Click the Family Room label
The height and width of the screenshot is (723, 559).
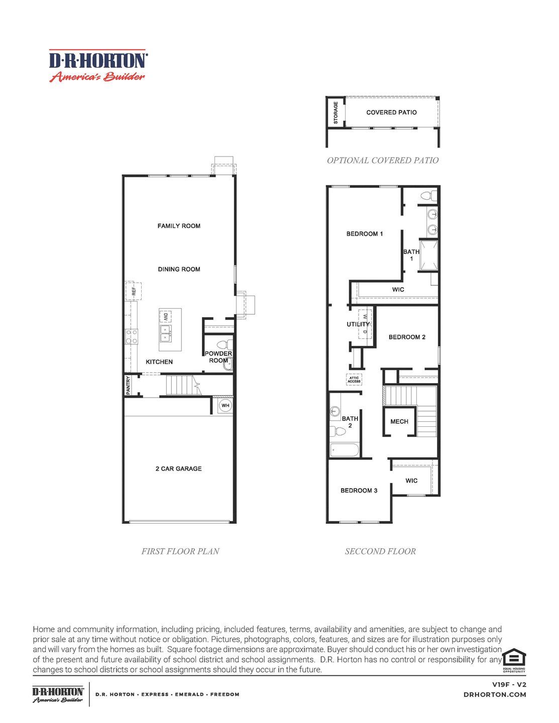point(179,226)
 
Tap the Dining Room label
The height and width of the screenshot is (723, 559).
point(179,269)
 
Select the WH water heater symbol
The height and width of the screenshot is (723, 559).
point(226,405)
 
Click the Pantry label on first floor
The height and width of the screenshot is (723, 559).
point(129,385)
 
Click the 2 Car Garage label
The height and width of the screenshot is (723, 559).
point(178,468)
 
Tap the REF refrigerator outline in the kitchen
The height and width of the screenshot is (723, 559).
point(134,291)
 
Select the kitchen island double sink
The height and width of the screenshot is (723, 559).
point(165,330)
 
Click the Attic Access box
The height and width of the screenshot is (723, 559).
point(354,380)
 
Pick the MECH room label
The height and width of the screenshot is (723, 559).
point(399,421)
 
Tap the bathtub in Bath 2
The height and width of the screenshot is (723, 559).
point(345,450)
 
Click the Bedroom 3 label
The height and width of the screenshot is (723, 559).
point(359,491)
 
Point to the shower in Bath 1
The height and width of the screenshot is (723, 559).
point(428,256)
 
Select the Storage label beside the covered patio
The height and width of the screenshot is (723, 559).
point(336,113)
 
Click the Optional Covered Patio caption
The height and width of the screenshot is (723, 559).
point(383,160)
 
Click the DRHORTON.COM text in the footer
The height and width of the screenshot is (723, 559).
point(495,694)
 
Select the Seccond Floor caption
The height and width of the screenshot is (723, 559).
point(380,551)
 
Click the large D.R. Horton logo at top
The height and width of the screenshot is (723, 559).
point(97,66)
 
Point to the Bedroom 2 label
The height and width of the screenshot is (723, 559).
point(407,337)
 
